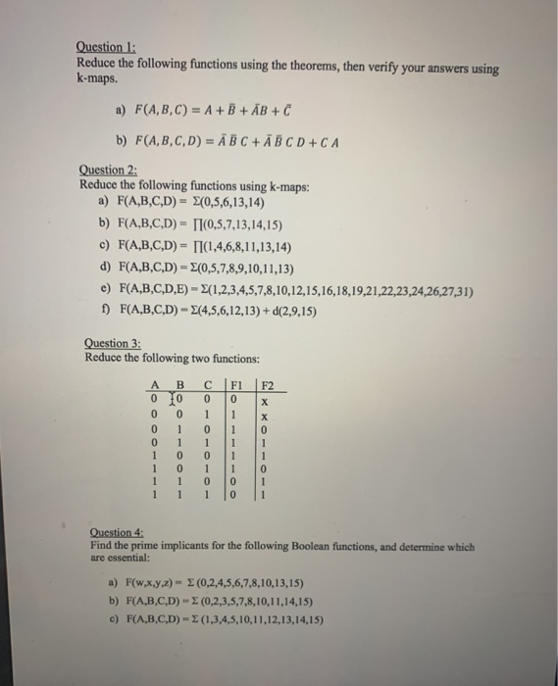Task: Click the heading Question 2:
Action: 107,170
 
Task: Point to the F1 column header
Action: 234,384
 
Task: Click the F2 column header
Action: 270,384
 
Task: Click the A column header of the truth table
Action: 153,384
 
